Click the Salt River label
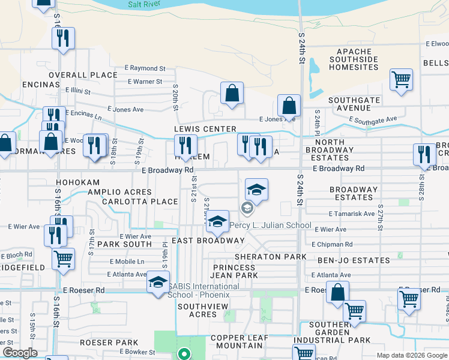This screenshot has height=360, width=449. coord(144,4)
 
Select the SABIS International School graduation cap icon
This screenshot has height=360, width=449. coord(158,283)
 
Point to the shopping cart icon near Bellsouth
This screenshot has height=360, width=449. coord(401,79)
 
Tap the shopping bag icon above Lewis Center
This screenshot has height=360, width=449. coord(231,93)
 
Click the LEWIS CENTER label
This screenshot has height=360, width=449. coord(197,129)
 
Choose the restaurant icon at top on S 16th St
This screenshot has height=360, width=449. coord(63,38)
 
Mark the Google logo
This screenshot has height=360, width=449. coord(20,353)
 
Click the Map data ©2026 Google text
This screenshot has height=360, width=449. coord(412,355)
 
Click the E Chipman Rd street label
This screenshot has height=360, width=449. coord(332,245)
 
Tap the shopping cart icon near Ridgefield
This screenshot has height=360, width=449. coord(63,259)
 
